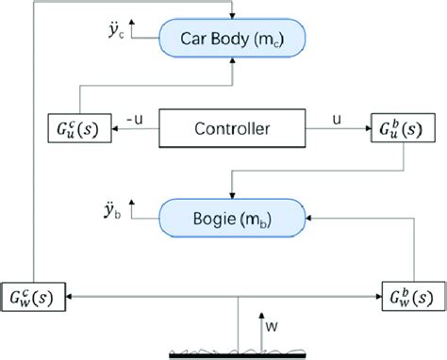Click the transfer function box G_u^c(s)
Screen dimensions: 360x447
tap(78, 127)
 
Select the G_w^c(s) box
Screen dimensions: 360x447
tap(34, 297)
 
